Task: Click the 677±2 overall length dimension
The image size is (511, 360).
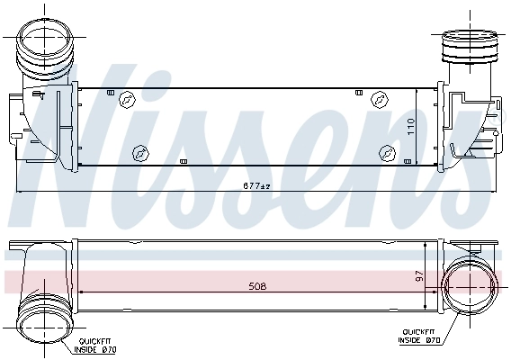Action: [x=255, y=185]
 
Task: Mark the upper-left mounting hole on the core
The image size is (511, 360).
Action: [x=126, y=101]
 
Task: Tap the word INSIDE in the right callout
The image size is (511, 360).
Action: [x=414, y=341]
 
